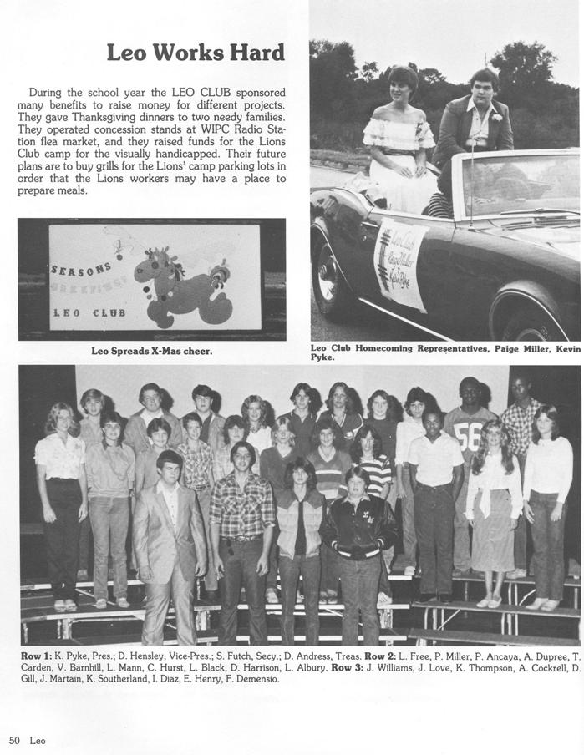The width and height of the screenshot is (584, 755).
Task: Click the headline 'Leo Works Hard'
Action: [196, 53]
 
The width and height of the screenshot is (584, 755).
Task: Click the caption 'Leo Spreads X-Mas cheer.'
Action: [151, 351]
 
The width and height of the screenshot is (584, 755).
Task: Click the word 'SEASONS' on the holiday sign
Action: [82, 269]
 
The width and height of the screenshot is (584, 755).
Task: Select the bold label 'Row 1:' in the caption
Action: [36, 656]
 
